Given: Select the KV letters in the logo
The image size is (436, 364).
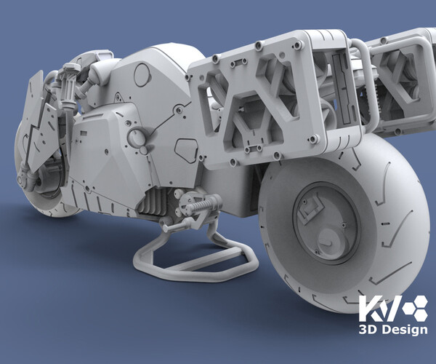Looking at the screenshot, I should pyautogui.click(x=375, y=308).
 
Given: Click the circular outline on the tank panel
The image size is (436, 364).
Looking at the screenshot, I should pyautogui.click(x=142, y=74).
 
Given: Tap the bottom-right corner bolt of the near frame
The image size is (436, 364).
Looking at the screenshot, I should pyautogui.click(x=313, y=139).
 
